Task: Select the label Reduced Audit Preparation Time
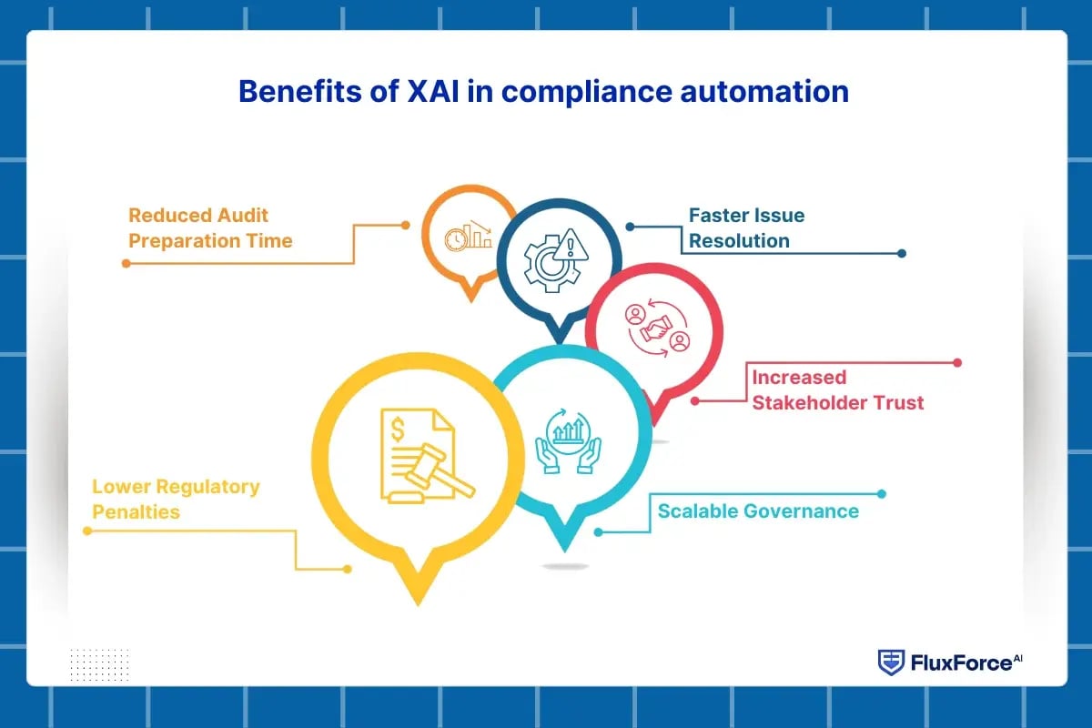point(210,228)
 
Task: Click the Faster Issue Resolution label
point(746,228)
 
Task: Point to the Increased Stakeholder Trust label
point(837,389)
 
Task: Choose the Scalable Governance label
point(758,511)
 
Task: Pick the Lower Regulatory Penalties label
point(176,499)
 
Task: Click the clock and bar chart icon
point(468,237)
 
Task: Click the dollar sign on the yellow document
point(399,427)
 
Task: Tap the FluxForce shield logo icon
point(890,662)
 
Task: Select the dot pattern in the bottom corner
point(99,663)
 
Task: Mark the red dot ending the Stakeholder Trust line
point(956,362)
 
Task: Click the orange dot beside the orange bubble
point(406,225)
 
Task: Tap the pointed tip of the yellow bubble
point(417,602)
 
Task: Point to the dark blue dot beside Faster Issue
point(629,226)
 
